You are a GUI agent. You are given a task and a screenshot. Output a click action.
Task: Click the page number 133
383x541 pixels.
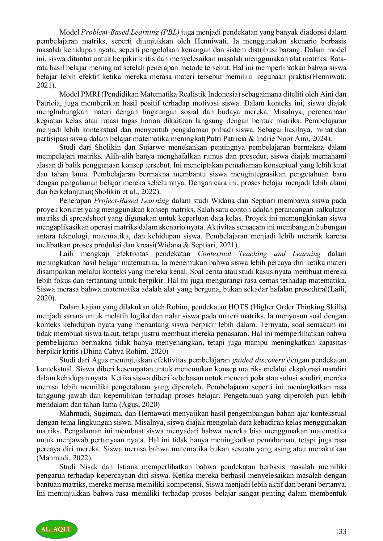pyautogui.click(x=340, y=531)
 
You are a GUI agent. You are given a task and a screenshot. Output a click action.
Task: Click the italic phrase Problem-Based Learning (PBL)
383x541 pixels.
pyautogui.click(x=130, y=32)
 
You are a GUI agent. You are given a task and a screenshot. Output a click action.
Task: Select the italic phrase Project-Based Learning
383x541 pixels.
pyautogui.click(x=132, y=201)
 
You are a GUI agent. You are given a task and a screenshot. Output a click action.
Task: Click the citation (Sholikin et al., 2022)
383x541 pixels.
pyautogui.click(x=126, y=192)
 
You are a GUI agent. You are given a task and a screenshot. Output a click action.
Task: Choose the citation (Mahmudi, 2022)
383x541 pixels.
pyautogui.click(x=65, y=458)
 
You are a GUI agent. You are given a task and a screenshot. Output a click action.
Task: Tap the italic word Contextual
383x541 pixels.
pyautogui.click(x=215, y=254)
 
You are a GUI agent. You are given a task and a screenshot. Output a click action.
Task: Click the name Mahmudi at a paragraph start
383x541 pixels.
pyautogui.click(x=73, y=413)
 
